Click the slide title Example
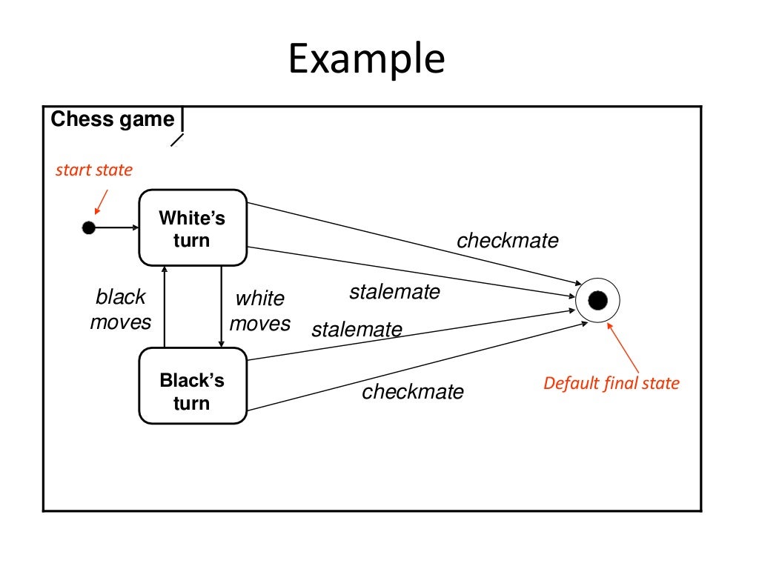[x=366, y=59]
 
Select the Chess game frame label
[x=113, y=119]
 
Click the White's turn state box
[x=193, y=228]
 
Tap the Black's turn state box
[x=193, y=386]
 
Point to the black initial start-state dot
[x=89, y=227]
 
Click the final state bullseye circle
[x=597, y=300]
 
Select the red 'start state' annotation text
[x=94, y=170]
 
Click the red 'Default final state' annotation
[x=611, y=383]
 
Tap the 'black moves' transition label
[x=120, y=310]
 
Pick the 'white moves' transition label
[x=259, y=311]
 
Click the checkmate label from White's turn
[x=508, y=241]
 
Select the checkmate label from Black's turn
[x=413, y=392]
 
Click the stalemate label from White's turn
[x=394, y=292]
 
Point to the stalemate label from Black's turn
[x=357, y=329]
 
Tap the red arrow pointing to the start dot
[x=100, y=202]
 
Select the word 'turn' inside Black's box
[x=191, y=404]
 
